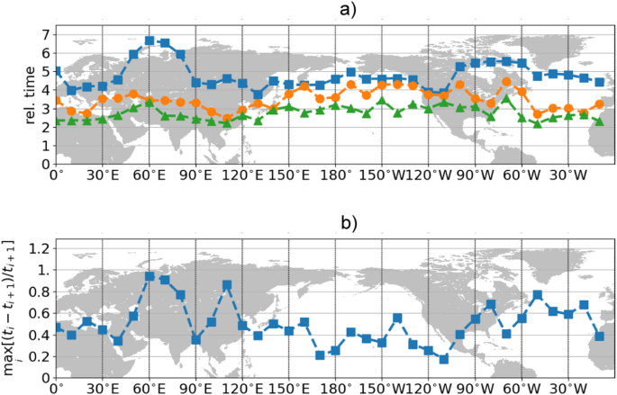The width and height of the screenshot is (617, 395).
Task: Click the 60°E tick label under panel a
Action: (149, 176)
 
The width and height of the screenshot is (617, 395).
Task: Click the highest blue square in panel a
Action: (150, 40)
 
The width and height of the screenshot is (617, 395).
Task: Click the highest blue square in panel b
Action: (150, 276)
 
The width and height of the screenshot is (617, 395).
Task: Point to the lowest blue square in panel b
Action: (444, 359)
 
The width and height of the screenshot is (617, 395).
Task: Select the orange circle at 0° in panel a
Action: (57, 102)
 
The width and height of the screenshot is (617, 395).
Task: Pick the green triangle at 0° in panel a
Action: (57, 121)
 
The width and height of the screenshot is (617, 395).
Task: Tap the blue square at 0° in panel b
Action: (57, 328)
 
